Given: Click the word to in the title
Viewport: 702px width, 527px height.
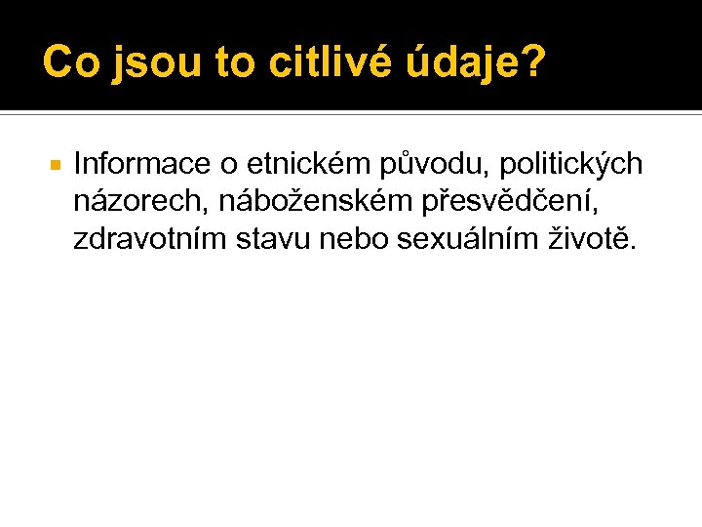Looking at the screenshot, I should tap(233, 62).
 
